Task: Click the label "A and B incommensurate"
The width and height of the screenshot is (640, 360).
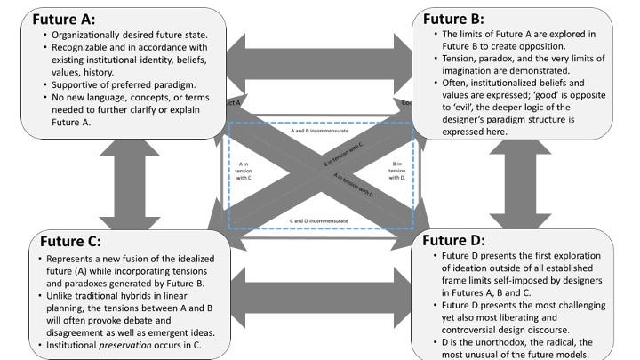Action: (x=321, y=130)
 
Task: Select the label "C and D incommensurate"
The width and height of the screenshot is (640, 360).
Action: (x=321, y=219)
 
